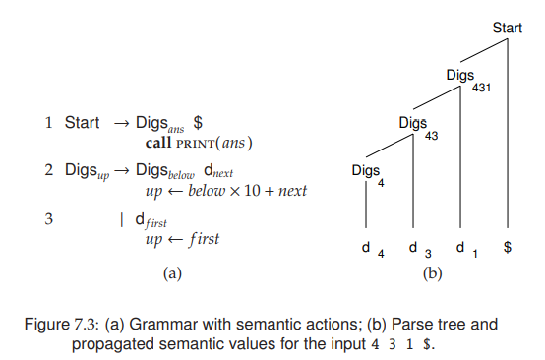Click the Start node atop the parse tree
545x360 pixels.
click(507, 29)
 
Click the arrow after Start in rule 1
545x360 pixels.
click(121, 123)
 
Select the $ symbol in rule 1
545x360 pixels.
click(198, 123)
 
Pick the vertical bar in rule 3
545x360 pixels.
click(121, 217)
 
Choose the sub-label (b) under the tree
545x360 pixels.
click(432, 274)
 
